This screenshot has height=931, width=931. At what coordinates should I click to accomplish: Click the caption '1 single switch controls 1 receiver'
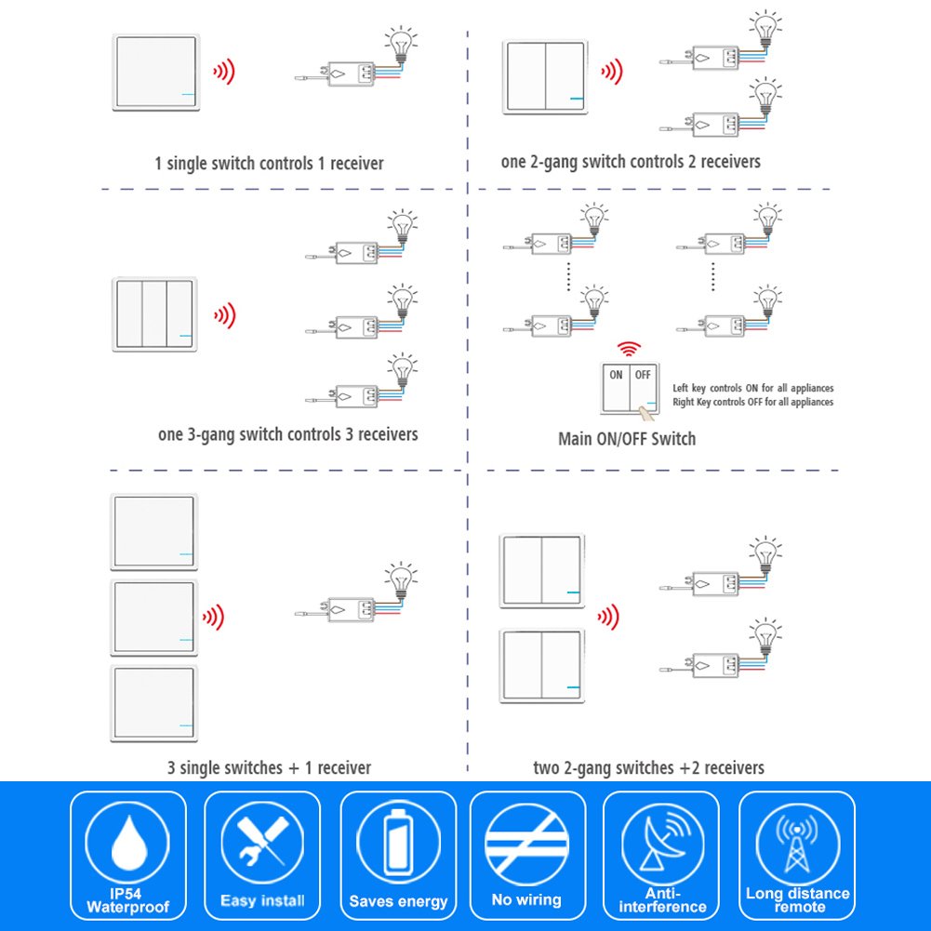[x=269, y=164]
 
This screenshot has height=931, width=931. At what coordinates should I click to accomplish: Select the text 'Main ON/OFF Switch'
[x=626, y=439]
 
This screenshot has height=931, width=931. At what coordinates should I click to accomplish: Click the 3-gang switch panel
[x=155, y=313]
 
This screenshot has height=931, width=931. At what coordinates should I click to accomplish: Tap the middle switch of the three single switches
[x=154, y=617]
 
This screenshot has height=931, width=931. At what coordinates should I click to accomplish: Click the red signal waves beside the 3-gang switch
[x=224, y=315]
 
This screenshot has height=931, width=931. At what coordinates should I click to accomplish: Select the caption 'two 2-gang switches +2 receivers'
[x=648, y=768]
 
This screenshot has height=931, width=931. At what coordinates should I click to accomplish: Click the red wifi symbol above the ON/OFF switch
[x=631, y=350]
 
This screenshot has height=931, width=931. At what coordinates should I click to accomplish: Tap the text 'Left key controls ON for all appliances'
[x=752, y=388]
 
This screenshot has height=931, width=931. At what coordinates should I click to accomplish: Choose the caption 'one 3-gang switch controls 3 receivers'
[x=288, y=434]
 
